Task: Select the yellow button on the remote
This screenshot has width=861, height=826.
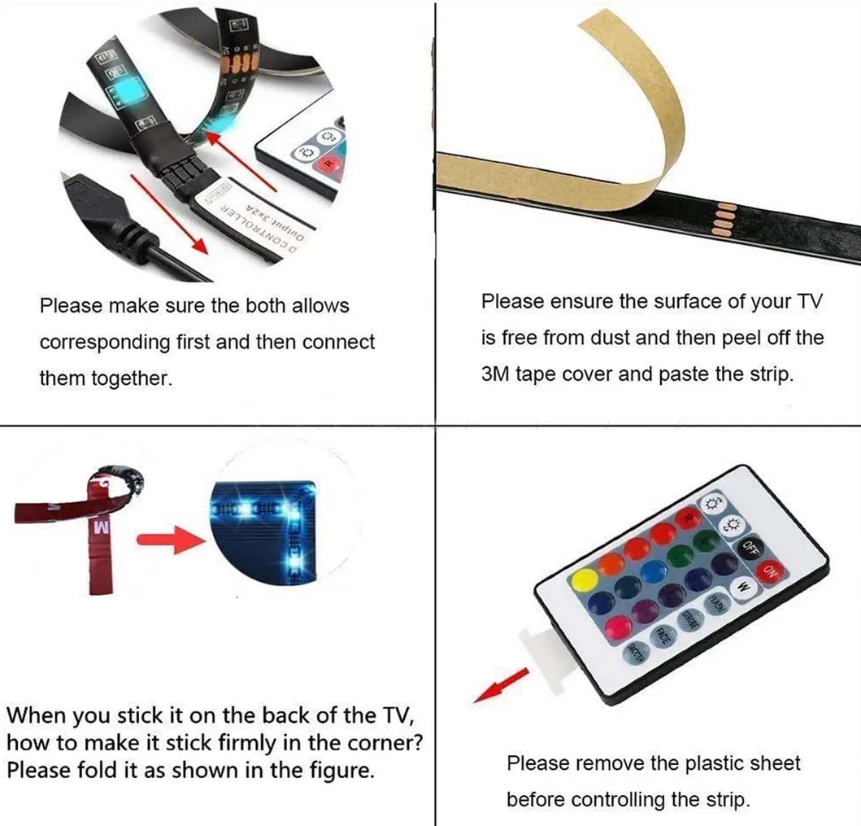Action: point(584,581)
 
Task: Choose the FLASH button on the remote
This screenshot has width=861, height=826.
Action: point(716,603)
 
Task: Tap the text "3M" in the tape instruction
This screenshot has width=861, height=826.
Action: point(498,375)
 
